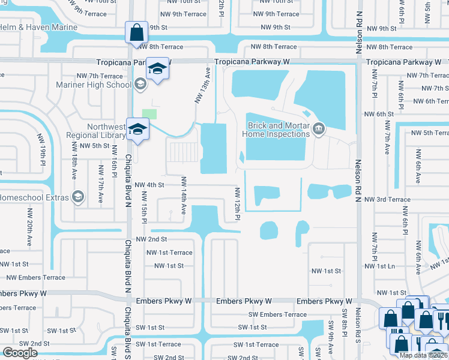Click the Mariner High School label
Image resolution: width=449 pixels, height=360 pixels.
pyautogui.click(x=94, y=85)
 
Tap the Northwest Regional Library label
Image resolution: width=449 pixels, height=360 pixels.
pyautogui.click(x=106, y=131)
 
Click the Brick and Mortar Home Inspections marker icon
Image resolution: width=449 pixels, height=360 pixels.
pyautogui.click(x=319, y=128)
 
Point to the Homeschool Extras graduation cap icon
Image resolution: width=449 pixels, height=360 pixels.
pyautogui.click(x=77, y=196)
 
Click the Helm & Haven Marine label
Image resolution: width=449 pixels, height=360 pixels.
pyautogui.click(x=38, y=28)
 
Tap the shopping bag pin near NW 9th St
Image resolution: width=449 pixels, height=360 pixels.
pyautogui.click(x=136, y=31)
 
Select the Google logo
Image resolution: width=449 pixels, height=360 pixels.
pyautogui.click(x=19, y=353)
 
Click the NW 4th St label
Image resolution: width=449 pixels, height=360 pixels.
pyautogui.click(x=150, y=185)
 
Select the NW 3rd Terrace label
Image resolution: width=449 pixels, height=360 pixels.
pyautogui.click(x=387, y=199)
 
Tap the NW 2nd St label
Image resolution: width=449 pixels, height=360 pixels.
pyautogui.click(x=150, y=239)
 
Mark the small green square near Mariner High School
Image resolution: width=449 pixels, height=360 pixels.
pyautogui.click(x=149, y=113)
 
